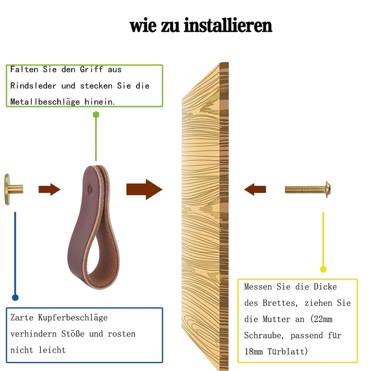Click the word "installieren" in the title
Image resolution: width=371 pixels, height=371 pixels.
click(x=228, y=25)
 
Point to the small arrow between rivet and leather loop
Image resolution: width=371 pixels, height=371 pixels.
click(x=49, y=189)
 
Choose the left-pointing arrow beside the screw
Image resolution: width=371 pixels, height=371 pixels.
click(x=255, y=189)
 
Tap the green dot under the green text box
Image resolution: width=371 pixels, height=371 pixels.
click(x=96, y=114)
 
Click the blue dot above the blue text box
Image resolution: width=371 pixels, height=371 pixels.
click(x=15, y=297)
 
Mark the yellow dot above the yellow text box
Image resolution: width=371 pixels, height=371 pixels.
click(x=323, y=269)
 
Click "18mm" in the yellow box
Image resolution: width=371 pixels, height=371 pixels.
click(x=257, y=351)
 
